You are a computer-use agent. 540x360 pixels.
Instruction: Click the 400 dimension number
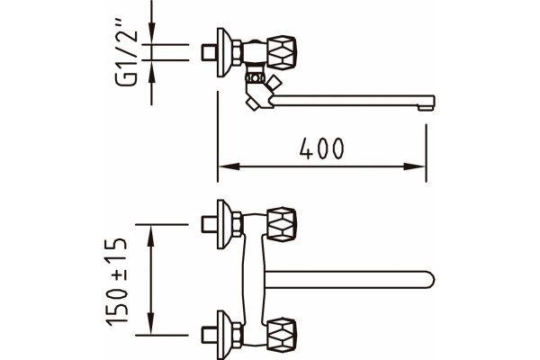coord(321,148)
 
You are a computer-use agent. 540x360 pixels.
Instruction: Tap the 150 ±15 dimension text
coord(117,282)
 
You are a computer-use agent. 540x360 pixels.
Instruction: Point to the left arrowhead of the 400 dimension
coord(229,166)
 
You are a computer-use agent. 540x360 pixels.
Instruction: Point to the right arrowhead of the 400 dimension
coord(415,166)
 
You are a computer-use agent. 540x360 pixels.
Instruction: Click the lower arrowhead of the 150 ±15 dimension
coord(150,323)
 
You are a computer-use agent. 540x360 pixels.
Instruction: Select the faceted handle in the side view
coord(282,52)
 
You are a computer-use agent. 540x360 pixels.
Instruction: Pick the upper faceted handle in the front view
coord(282,224)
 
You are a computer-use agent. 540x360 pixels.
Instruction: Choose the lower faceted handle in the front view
coord(282,335)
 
